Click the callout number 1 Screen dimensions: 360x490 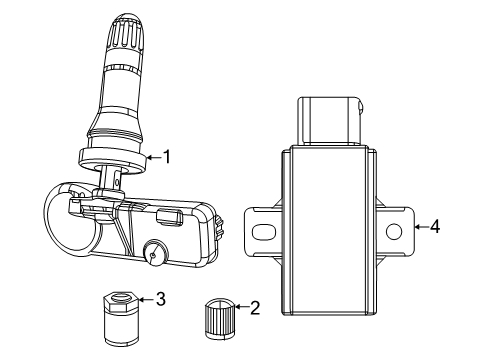(x=167, y=156)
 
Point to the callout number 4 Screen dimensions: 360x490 (x=434, y=227)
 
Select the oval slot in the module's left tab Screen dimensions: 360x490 (x=263, y=230)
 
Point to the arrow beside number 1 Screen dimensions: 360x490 (x=153, y=156)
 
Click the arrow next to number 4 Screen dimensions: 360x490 (x=421, y=227)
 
